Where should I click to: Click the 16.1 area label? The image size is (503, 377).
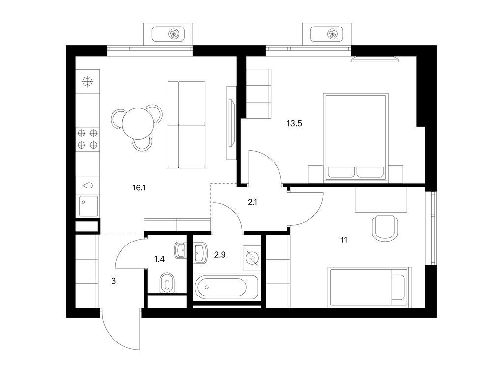[139, 187]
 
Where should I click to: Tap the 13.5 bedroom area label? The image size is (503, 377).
[294, 123]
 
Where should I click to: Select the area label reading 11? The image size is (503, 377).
[344, 240]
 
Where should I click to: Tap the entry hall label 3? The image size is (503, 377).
[113, 281]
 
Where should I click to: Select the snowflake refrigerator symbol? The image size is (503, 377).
[87, 82]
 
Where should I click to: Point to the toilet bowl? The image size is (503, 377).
[167, 284]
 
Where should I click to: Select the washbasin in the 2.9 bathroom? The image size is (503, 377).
[201, 253]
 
